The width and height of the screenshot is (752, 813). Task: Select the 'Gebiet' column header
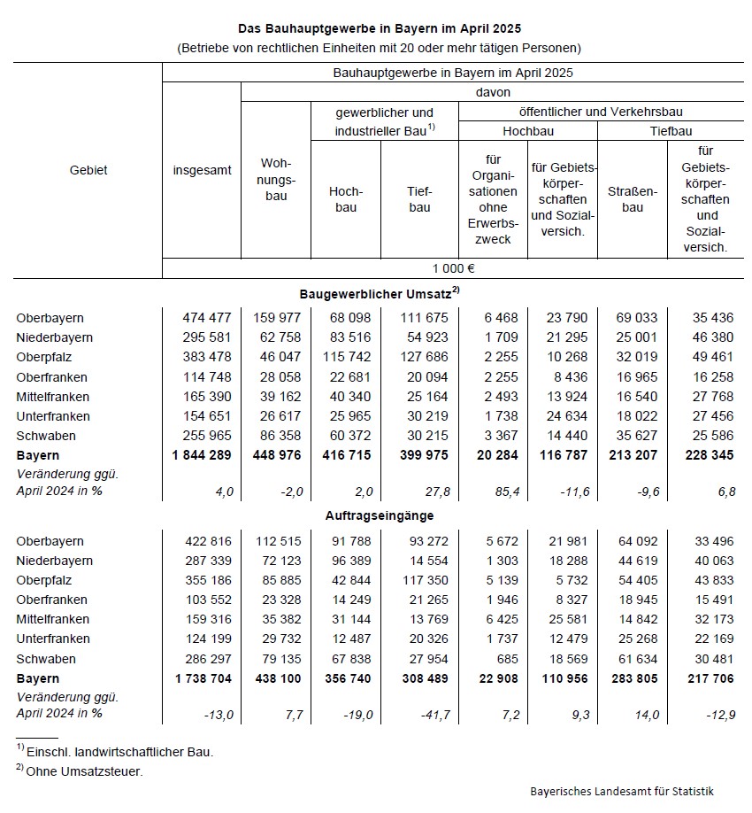coord(88,170)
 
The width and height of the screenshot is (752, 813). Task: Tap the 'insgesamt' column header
coord(201,170)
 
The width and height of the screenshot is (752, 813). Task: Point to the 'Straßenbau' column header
coord(633,199)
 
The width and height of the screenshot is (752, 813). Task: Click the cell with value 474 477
coord(207,318)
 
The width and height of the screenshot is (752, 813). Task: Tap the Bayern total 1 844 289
coord(203,455)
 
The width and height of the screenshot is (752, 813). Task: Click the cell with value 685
coord(507,659)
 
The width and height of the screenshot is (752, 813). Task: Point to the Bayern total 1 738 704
coord(203,678)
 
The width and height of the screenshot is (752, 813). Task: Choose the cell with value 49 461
coord(708,357)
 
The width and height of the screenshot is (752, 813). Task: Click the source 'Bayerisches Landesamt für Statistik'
coord(622,791)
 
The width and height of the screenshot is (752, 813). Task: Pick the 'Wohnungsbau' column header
coord(276,180)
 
